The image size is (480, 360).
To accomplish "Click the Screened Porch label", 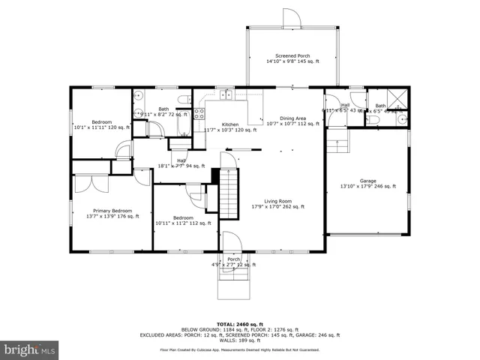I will pyautogui.click(x=292, y=55).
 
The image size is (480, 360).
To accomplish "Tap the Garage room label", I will pyautogui.click(x=367, y=181).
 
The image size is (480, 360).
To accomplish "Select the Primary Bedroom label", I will pyautogui.click(x=112, y=211).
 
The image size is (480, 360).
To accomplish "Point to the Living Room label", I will pyautogui.click(x=277, y=201).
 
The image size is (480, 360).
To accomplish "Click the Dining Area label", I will pyautogui.click(x=292, y=118).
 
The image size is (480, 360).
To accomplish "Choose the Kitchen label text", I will pyautogui.click(x=229, y=124).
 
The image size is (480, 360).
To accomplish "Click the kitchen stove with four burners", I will pyautogui.click(x=199, y=114).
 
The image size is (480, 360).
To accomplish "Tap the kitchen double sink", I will pyautogui.click(x=226, y=96).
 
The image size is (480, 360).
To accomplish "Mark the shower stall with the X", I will pyautogui.click(x=400, y=97).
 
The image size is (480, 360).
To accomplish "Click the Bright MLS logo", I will pyautogui.click(x=30, y=349).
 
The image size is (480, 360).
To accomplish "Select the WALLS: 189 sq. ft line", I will pyautogui.click(x=239, y=340).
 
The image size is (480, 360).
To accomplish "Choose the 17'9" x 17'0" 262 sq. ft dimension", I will pyautogui.click(x=277, y=208).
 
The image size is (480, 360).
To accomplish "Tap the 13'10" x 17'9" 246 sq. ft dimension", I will pyautogui.click(x=367, y=187).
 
